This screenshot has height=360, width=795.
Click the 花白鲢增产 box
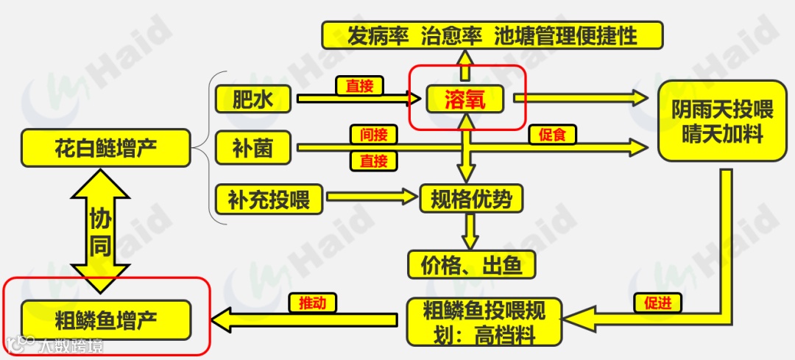coord(106,148)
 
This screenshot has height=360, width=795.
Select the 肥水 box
coord(252,99)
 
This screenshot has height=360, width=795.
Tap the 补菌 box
coord(252,148)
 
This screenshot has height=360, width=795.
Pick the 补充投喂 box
coord(269,198)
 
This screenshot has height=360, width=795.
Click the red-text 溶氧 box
coord(464,99)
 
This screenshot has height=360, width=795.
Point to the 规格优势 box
coord(470,199)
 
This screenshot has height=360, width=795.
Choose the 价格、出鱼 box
coord(470,264)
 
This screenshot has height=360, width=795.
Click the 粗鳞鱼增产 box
coord(106,320)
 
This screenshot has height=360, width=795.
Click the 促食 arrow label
coord(551,135)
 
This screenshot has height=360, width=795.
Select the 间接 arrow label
coord(374,135)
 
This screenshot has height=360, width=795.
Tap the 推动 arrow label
coord(317,303)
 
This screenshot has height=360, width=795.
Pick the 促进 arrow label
coord(657,303)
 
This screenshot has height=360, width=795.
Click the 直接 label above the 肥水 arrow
coord(360,86)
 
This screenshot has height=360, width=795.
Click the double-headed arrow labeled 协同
coord(100,230)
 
